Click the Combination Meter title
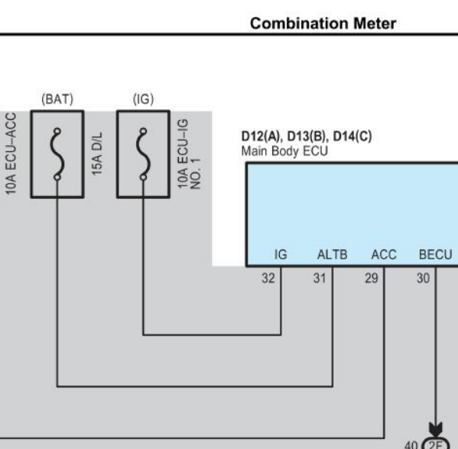coord(323,24)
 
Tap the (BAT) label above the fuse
coord(57,99)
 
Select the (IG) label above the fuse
coord(143,99)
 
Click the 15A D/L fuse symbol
coord(57,155)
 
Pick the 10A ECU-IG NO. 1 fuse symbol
coord(143,155)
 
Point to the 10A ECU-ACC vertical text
coord(11,154)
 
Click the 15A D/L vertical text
coord(97,154)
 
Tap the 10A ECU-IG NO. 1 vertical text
coord(190,154)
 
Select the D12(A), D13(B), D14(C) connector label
coord(307,136)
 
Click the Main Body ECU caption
coord(284,151)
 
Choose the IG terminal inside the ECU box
coord(281,255)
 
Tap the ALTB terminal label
coord(333,255)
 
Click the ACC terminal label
coord(384,255)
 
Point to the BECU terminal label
coord(436,255)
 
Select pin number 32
coord(268,278)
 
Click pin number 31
coord(320,278)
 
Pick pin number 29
coord(372,278)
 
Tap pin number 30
coord(424,278)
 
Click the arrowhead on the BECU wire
coord(436,429)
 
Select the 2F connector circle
coord(436,444)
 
